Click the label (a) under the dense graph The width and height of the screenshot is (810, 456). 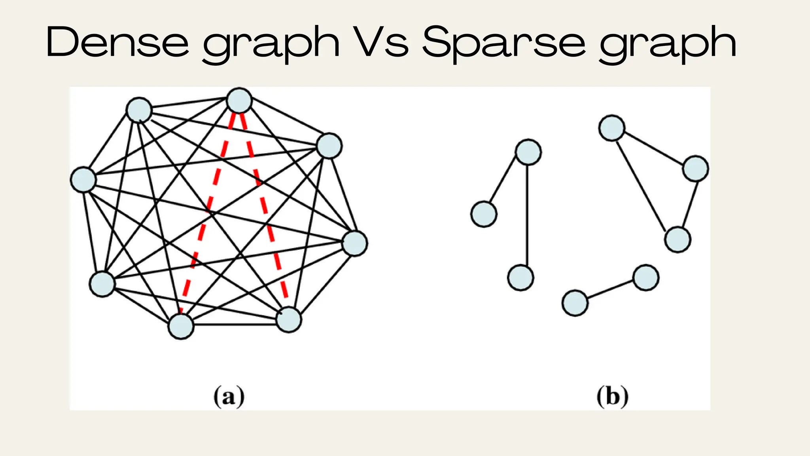[229, 396]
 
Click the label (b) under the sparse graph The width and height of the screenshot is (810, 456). [612, 396]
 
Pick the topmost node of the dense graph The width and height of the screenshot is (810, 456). [239, 100]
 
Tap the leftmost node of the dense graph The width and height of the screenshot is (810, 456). [83, 180]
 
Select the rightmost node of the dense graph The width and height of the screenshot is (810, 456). [355, 243]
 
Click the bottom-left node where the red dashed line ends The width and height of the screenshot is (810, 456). [181, 327]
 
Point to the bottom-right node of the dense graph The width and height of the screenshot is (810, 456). [289, 319]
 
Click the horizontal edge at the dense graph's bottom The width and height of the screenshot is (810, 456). [235, 325]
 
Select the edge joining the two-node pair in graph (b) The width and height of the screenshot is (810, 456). [610, 290]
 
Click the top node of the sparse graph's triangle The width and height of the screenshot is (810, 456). [612, 128]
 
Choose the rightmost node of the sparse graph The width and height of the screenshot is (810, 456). [696, 169]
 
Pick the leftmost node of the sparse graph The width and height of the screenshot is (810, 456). [484, 214]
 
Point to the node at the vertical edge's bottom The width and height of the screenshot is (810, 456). [520, 278]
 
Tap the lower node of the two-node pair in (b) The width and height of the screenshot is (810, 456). [575, 303]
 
